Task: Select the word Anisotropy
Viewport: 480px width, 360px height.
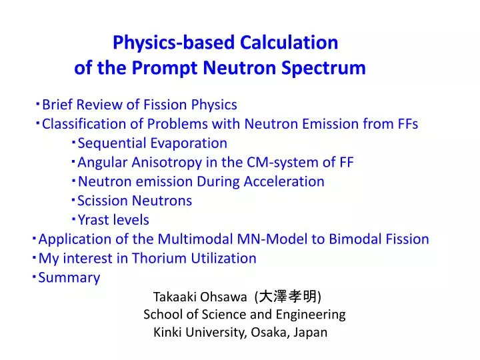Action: click(x=163, y=163)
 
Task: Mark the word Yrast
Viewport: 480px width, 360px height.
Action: click(x=94, y=220)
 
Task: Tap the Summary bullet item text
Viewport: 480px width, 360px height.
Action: click(x=69, y=278)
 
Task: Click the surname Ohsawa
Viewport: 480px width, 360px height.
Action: click(x=224, y=297)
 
